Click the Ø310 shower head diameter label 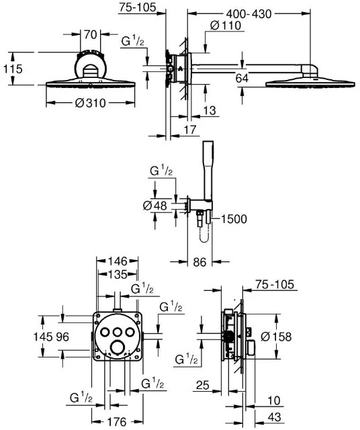click(x=90, y=103)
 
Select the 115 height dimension click(x=13, y=69)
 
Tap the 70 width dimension click(x=90, y=34)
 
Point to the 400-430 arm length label click(x=249, y=14)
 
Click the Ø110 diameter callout click(x=226, y=26)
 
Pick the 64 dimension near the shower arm click(x=242, y=78)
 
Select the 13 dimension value click(x=210, y=110)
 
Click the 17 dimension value click(x=190, y=130)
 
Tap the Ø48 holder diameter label click(x=155, y=206)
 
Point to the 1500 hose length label click(x=234, y=219)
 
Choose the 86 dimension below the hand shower click(x=199, y=262)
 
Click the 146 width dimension click(x=118, y=261)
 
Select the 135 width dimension click(x=118, y=274)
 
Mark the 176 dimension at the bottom click(x=117, y=422)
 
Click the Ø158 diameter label click(x=276, y=337)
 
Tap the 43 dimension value click(x=275, y=417)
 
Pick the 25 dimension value click(x=203, y=385)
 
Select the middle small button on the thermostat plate click(x=118, y=332)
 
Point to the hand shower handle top click(x=208, y=142)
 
